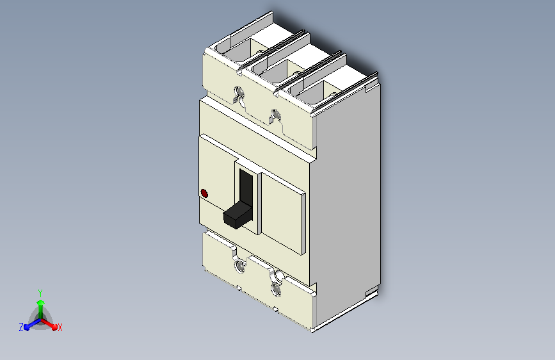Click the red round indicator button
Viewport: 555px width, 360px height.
tap(204, 193)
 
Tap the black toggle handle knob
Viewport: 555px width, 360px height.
tap(237, 215)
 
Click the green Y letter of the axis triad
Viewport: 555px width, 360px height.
tap(40, 293)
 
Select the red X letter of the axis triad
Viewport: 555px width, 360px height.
tap(60, 327)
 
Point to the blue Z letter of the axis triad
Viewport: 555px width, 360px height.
tap(21, 327)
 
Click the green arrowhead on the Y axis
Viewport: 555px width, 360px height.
tap(41, 303)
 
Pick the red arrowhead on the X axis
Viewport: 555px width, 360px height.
tap(54, 327)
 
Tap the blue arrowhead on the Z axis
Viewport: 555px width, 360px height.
tap(26, 327)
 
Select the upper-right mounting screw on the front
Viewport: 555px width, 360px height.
tap(275, 115)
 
